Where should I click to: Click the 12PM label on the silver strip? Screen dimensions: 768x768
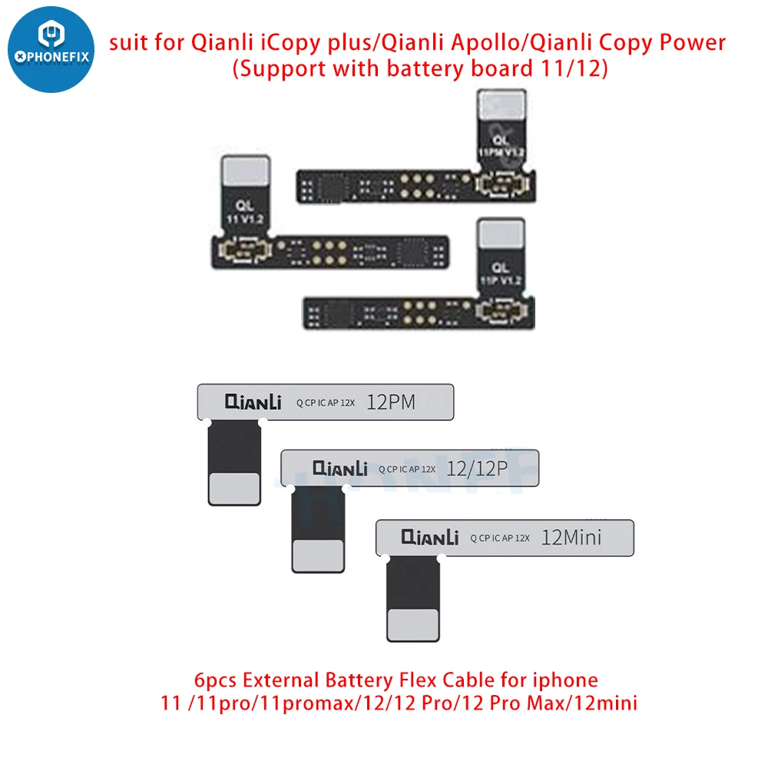pyautogui.click(x=391, y=402)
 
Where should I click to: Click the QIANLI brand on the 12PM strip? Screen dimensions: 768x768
pyautogui.click(x=253, y=402)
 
